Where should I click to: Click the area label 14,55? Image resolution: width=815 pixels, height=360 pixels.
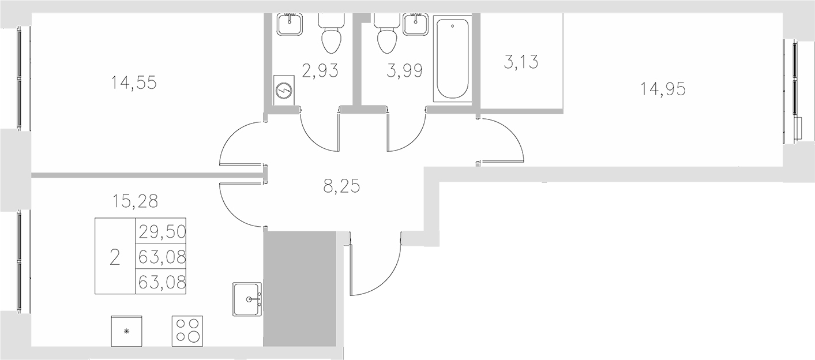coord(134,83)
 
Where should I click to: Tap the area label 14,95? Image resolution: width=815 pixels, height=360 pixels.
coord(663,89)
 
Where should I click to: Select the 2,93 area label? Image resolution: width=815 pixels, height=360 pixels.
coord(320,71)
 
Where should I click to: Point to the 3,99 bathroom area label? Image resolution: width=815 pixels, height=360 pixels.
coord(404,71)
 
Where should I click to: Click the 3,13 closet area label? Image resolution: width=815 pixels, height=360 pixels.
coord(521,62)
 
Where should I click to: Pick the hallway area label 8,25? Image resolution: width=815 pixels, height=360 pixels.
coord(341,186)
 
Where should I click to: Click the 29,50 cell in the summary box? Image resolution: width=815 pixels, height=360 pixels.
coord(161,231)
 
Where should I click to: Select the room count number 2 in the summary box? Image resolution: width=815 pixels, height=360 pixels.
coord(114,257)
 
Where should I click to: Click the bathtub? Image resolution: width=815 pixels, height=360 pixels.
coord(453,60)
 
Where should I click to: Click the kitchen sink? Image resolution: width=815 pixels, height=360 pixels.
coord(248,299)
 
